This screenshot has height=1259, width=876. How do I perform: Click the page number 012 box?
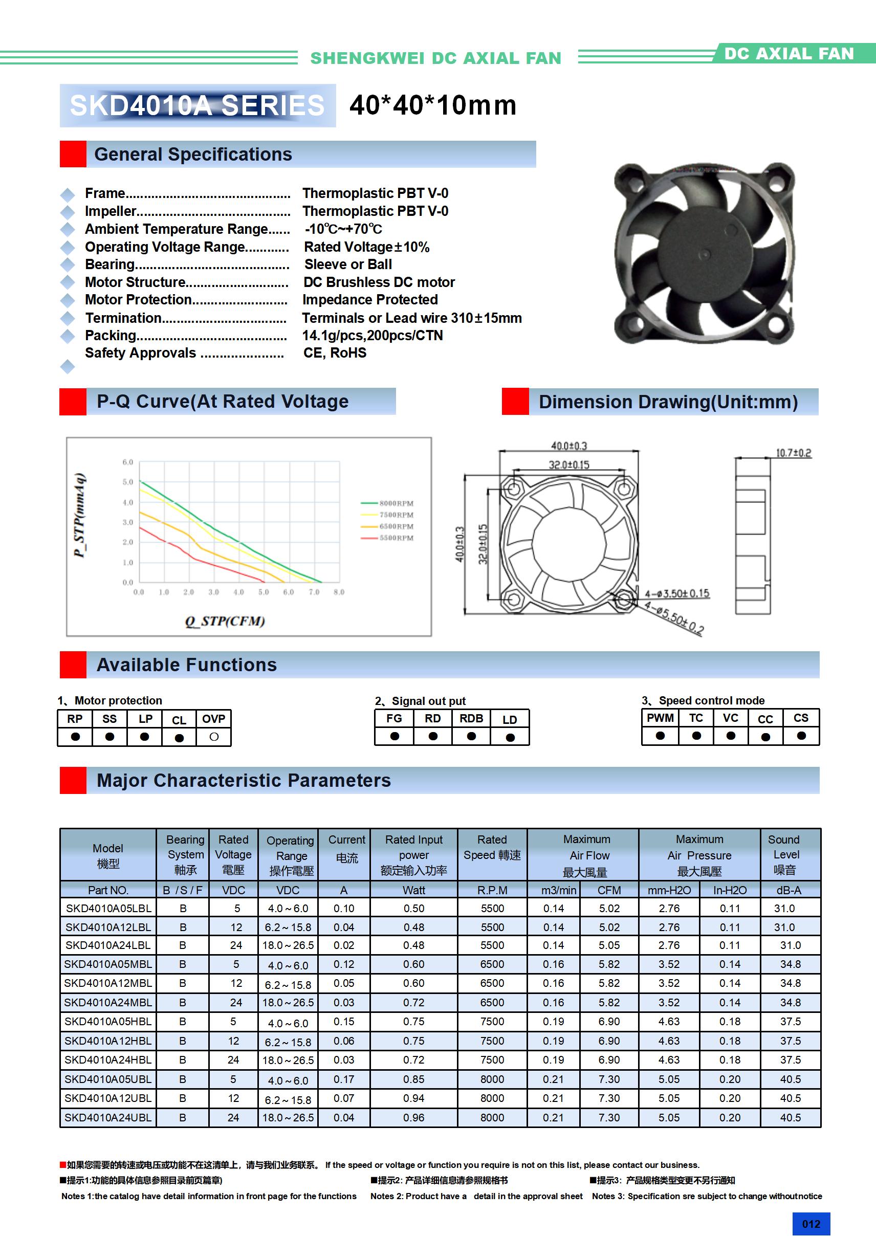[811, 1224]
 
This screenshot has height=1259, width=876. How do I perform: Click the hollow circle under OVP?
[214, 737]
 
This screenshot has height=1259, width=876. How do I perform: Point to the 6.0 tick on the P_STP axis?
[128, 462]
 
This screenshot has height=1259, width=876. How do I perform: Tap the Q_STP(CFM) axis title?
[225, 621]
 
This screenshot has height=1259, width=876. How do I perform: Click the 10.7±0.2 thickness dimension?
[793, 453]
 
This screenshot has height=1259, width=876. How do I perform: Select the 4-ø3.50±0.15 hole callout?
[677, 594]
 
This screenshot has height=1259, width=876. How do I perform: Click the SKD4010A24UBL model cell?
[108, 1117]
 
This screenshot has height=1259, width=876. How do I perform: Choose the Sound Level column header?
[785, 854]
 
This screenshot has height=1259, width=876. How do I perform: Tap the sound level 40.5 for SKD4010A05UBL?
[790, 1079]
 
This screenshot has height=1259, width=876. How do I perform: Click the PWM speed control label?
[660, 718]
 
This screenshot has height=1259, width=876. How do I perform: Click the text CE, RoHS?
[335, 353]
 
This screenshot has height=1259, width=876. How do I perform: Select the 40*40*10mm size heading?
[433, 105]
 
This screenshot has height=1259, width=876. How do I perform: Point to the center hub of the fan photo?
[704, 253]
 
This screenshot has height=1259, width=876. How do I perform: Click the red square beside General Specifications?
[73, 154]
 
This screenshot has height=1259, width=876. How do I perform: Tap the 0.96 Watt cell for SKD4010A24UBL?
[413, 1117]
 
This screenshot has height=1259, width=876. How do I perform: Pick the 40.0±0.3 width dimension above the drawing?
[569, 446]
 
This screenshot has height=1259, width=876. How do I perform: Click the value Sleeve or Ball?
[348, 264]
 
